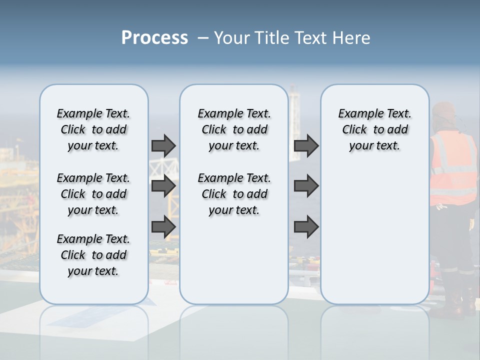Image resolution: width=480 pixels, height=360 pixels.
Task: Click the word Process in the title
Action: [154, 38]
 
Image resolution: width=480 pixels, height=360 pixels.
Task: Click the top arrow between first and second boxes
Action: [163, 145]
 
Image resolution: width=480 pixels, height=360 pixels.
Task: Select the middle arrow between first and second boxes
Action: [163, 186]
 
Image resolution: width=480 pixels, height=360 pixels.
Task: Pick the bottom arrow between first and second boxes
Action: [163, 226]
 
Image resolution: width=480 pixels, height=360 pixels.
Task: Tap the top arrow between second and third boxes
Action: [306, 145]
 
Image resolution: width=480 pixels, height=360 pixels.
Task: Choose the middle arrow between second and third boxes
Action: [306, 186]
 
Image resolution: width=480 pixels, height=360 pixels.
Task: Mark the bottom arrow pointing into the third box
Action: [306, 226]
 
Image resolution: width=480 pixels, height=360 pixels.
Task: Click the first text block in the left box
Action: [93, 129]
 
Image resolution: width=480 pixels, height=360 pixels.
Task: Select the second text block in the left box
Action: [93, 194]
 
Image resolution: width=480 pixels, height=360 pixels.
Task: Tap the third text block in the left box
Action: [93, 255]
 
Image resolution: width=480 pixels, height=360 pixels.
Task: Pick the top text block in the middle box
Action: [234, 129]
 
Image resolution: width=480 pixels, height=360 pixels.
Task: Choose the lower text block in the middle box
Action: [234, 194]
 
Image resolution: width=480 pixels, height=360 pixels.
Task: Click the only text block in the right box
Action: [374, 129]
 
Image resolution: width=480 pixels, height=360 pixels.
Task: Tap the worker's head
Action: [444, 114]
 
